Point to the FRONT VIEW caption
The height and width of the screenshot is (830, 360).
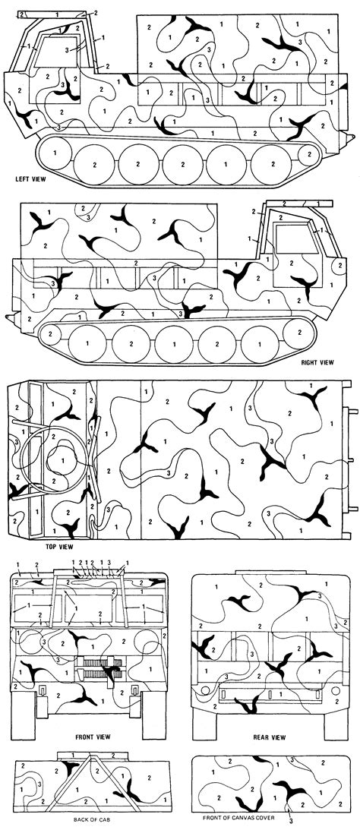point(95,737)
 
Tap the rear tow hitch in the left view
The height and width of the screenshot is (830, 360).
point(350,137)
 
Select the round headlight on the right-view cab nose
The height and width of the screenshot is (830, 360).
point(336,265)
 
